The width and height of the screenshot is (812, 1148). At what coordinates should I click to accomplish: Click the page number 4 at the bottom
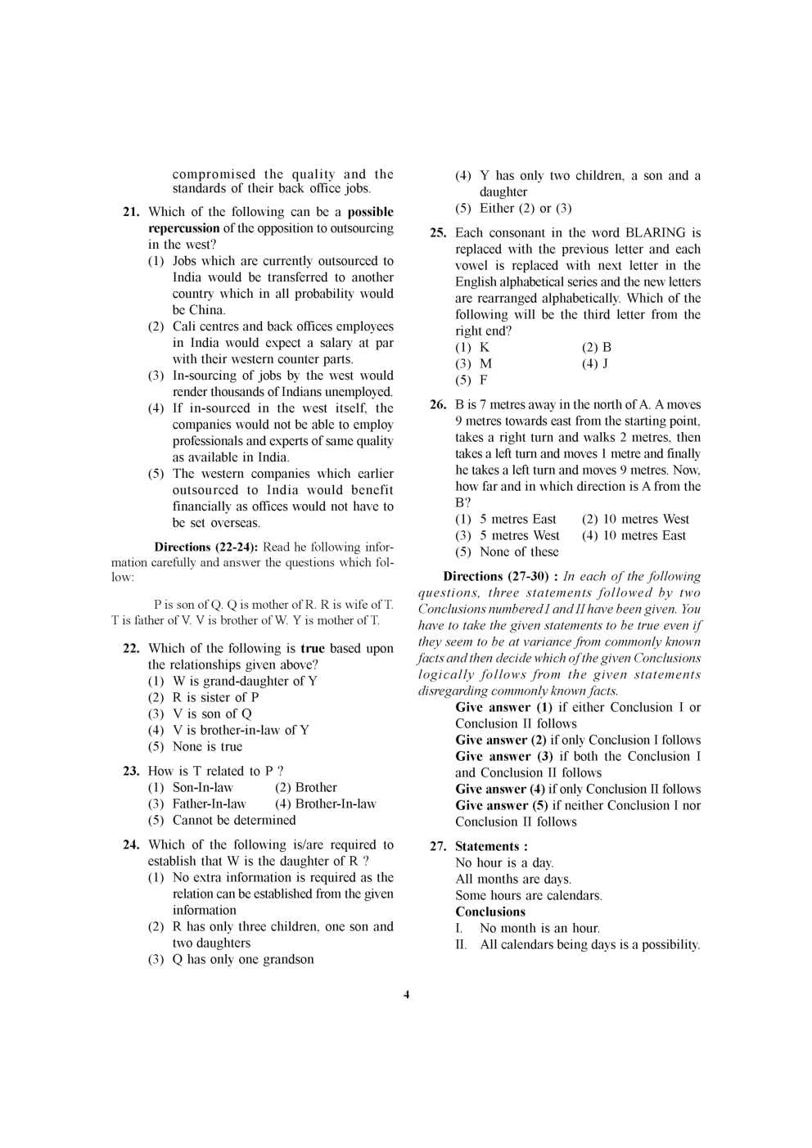pyautogui.click(x=406, y=995)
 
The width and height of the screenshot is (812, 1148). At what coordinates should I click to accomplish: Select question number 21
pyautogui.click(x=131, y=212)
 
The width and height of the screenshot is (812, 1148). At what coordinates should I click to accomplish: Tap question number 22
pyautogui.click(x=131, y=648)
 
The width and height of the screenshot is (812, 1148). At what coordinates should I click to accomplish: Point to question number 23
pyautogui.click(x=131, y=771)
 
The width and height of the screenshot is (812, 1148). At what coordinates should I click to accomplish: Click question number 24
pyautogui.click(x=131, y=844)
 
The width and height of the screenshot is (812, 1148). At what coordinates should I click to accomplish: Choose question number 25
pyautogui.click(x=438, y=233)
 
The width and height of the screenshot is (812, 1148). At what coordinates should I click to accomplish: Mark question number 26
pyautogui.click(x=438, y=404)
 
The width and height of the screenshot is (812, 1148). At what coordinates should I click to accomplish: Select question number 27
pyautogui.click(x=438, y=846)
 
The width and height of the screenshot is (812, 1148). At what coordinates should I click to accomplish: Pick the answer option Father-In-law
pyautogui.click(x=209, y=804)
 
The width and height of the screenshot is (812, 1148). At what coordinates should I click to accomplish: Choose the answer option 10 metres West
pyautogui.click(x=636, y=519)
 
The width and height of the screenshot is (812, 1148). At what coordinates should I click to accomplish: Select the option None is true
pyautogui.click(x=207, y=746)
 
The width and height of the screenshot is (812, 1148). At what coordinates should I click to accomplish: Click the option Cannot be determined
pyautogui.click(x=233, y=820)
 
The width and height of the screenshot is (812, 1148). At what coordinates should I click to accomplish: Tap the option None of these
pyautogui.click(x=519, y=551)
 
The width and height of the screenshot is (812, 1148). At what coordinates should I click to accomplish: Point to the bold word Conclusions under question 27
pyautogui.click(x=490, y=912)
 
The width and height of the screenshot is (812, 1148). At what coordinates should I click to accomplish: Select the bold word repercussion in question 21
pyautogui.click(x=183, y=228)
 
